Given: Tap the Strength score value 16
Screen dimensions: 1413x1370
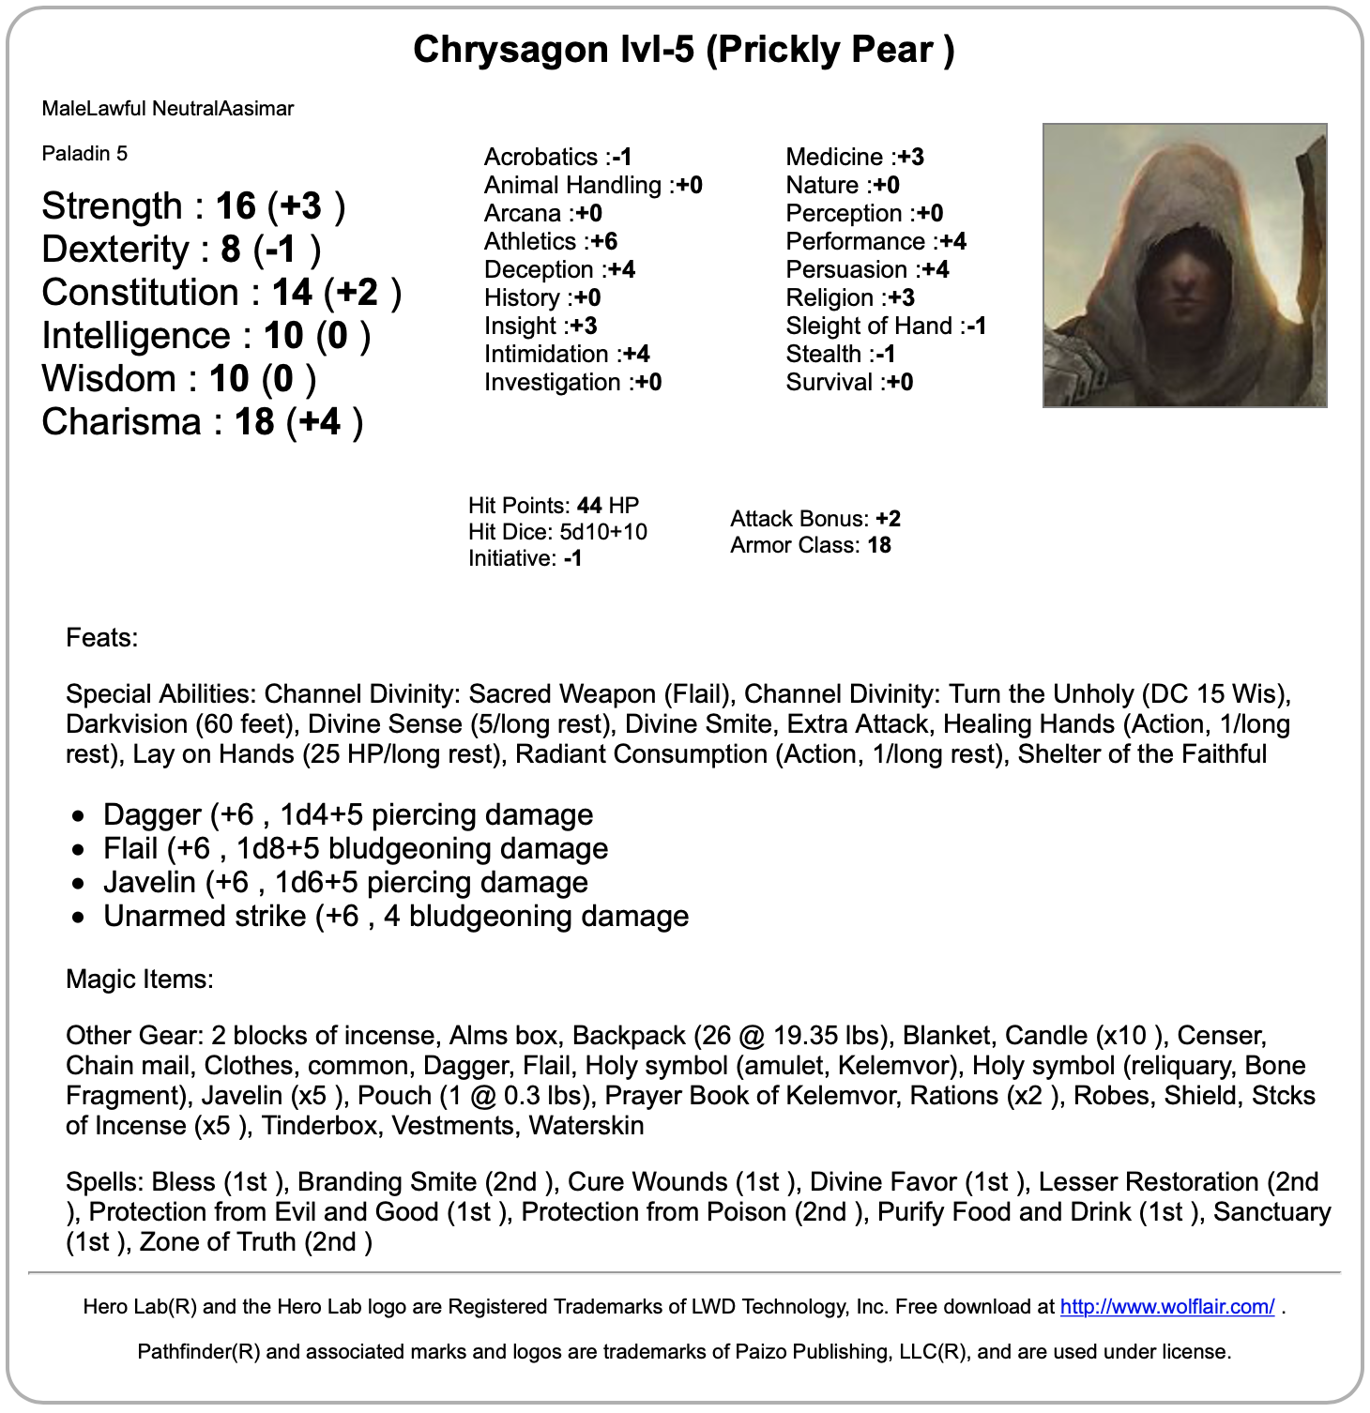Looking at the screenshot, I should (x=236, y=206).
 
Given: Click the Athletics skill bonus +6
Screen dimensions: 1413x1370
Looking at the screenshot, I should (x=604, y=242).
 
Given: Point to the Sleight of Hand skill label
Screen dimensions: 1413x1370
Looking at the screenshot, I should (x=869, y=327).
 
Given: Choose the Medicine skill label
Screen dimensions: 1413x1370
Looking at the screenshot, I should (x=834, y=158).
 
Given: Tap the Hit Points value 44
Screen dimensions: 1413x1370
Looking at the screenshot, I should (x=589, y=506).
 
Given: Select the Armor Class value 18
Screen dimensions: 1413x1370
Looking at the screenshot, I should (x=879, y=545).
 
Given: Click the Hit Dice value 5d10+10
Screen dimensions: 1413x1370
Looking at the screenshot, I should (x=603, y=532).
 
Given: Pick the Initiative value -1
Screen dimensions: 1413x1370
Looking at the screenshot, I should (x=572, y=558).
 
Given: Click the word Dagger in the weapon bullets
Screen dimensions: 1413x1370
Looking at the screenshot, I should (x=139, y=814).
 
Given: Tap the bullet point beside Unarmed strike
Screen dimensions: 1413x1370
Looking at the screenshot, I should (x=79, y=917).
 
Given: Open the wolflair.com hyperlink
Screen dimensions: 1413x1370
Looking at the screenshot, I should (x=1166, y=1306).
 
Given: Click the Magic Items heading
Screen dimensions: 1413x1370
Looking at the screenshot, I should (x=140, y=980).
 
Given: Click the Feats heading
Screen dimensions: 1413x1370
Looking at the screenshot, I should (x=101, y=638).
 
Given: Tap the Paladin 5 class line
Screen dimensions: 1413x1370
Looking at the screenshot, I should (x=84, y=154).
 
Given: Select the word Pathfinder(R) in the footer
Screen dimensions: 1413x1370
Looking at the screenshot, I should (x=198, y=1352).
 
